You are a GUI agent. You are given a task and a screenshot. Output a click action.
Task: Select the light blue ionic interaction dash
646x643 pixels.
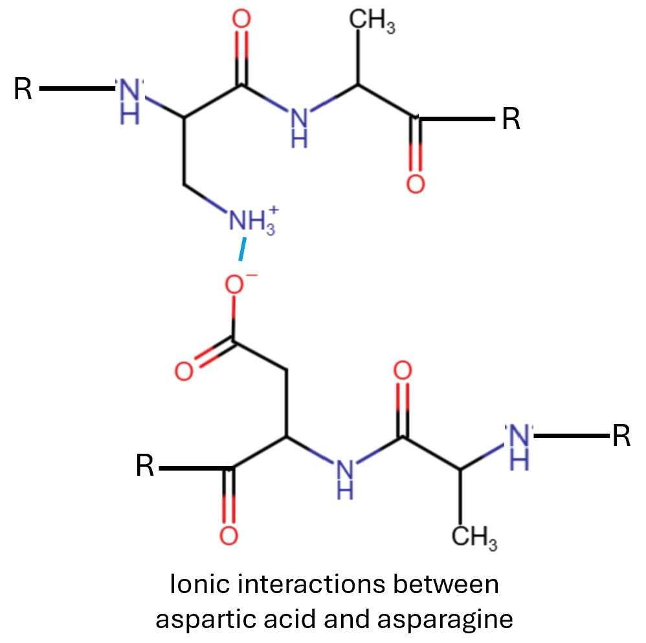[x=243, y=251]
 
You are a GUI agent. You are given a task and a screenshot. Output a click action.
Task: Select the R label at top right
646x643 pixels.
[x=511, y=120]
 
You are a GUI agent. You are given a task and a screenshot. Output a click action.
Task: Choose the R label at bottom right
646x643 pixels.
[x=621, y=436]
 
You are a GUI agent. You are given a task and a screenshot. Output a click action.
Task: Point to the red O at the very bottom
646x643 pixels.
[x=228, y=536]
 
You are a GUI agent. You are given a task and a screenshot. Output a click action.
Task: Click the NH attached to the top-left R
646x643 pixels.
[x=130, y=99]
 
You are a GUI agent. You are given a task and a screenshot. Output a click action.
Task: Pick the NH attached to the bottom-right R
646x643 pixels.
[x=520, y=445]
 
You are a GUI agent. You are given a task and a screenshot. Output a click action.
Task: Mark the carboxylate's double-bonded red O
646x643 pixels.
[x=184, y=372]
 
